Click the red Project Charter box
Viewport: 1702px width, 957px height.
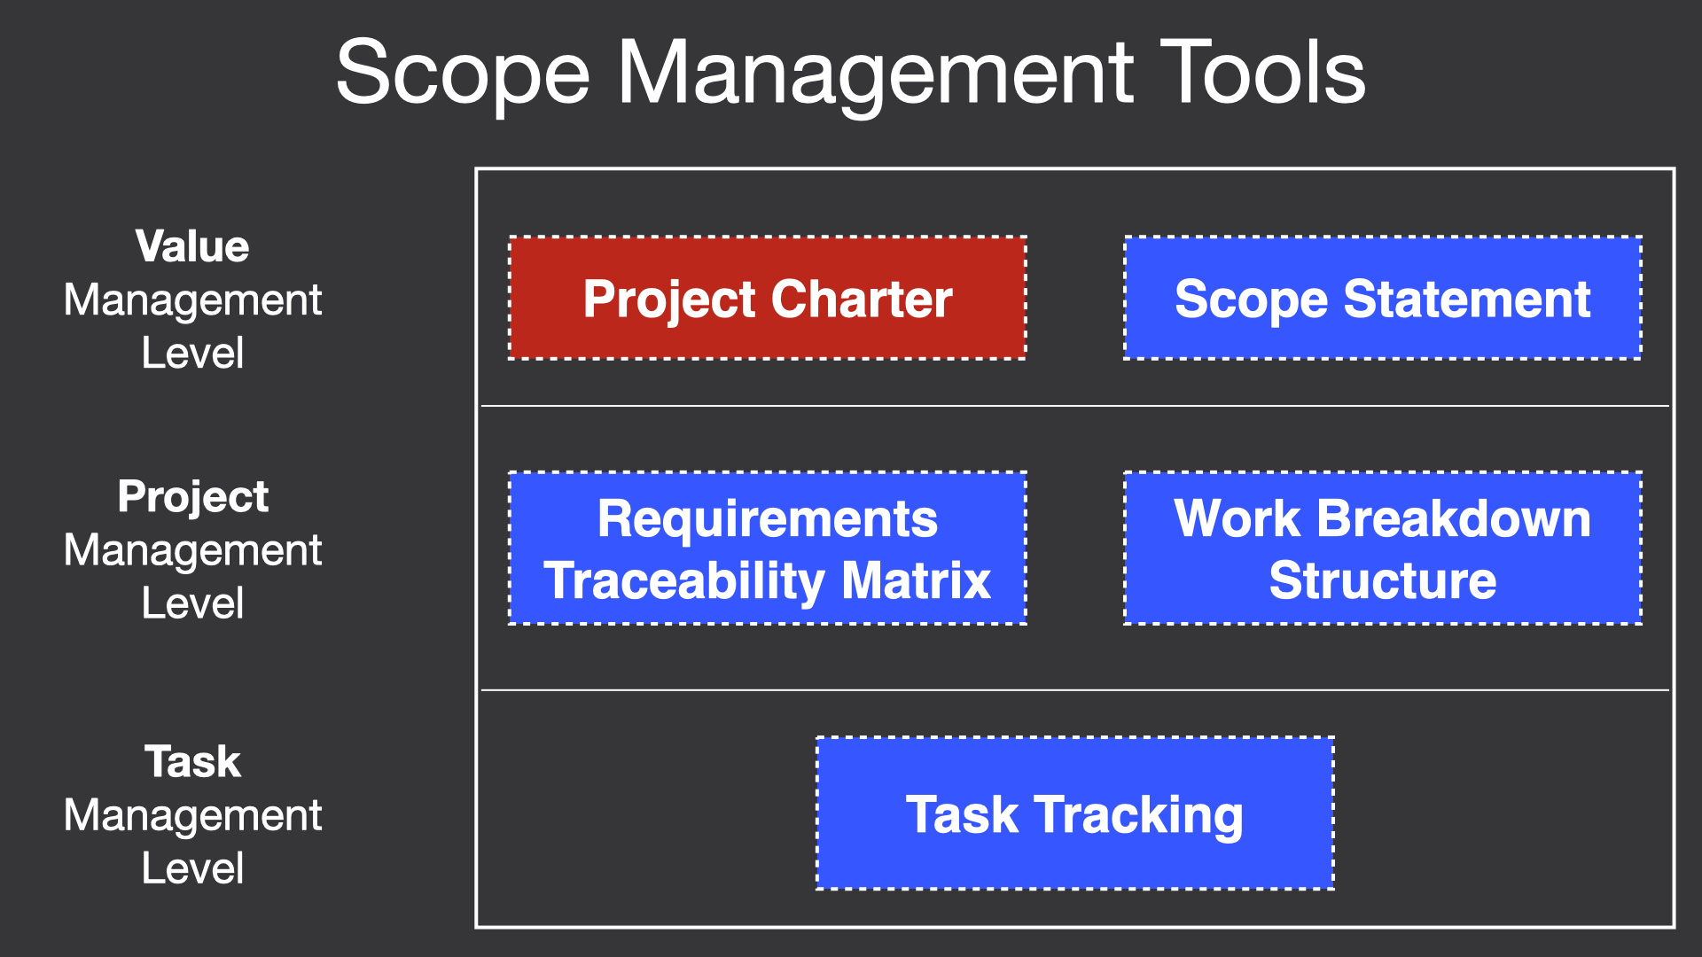pyautogui.click(x=768, y=298)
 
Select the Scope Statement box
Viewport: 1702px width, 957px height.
pyautogui.click(x=1383, y=298)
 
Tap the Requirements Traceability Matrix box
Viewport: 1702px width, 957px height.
pyautogui.click(x=768, y=549)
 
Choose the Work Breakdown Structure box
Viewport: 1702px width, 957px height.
pyautogui.click(x=1383, y=549)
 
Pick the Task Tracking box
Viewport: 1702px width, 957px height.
pyautogui.click(x=1075, y=813)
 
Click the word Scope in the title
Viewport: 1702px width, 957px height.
pyautogui.click(x=463, y=74)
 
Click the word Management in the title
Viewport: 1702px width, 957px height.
pyautogui.click(x=875, y=74)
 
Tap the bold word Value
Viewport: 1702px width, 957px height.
pyautogui.click(x=192, y=246)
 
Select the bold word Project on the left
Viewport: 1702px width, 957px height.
pyautogui.click(x=192, y=497)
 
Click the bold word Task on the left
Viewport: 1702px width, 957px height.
pyautogui.click(x=192, y=761)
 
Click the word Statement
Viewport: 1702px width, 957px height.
pyautogui.click(x=1467, y=299)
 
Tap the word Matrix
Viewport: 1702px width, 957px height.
pyautogui.click(x=916, y=580)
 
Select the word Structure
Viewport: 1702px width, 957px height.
pyautogui.click(x=1383, y=580)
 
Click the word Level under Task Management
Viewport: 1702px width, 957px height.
pyautogui.click(x=192, y=868)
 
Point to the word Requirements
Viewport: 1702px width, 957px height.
pyautogui.click(x=768, y=520)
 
